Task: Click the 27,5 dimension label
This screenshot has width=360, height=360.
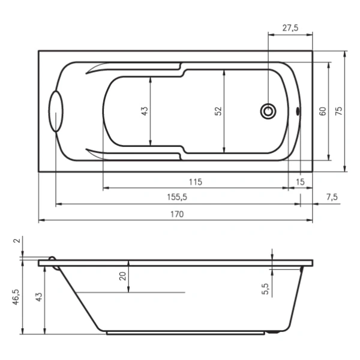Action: coord(290,28)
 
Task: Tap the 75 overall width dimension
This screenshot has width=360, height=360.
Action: coord(338,111)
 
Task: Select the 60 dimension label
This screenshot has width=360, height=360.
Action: coord(323,111)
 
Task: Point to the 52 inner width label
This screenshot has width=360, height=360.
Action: coord(218,111)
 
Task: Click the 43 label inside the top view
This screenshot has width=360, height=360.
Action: coord(145,111)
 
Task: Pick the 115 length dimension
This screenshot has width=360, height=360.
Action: coord(196,182)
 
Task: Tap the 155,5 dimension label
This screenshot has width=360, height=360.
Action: coord(177,197)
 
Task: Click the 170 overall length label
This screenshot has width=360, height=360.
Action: coord(177,214)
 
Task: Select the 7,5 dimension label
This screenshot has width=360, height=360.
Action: coord(332,197)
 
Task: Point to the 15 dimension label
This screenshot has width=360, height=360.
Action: coord(300,182)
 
